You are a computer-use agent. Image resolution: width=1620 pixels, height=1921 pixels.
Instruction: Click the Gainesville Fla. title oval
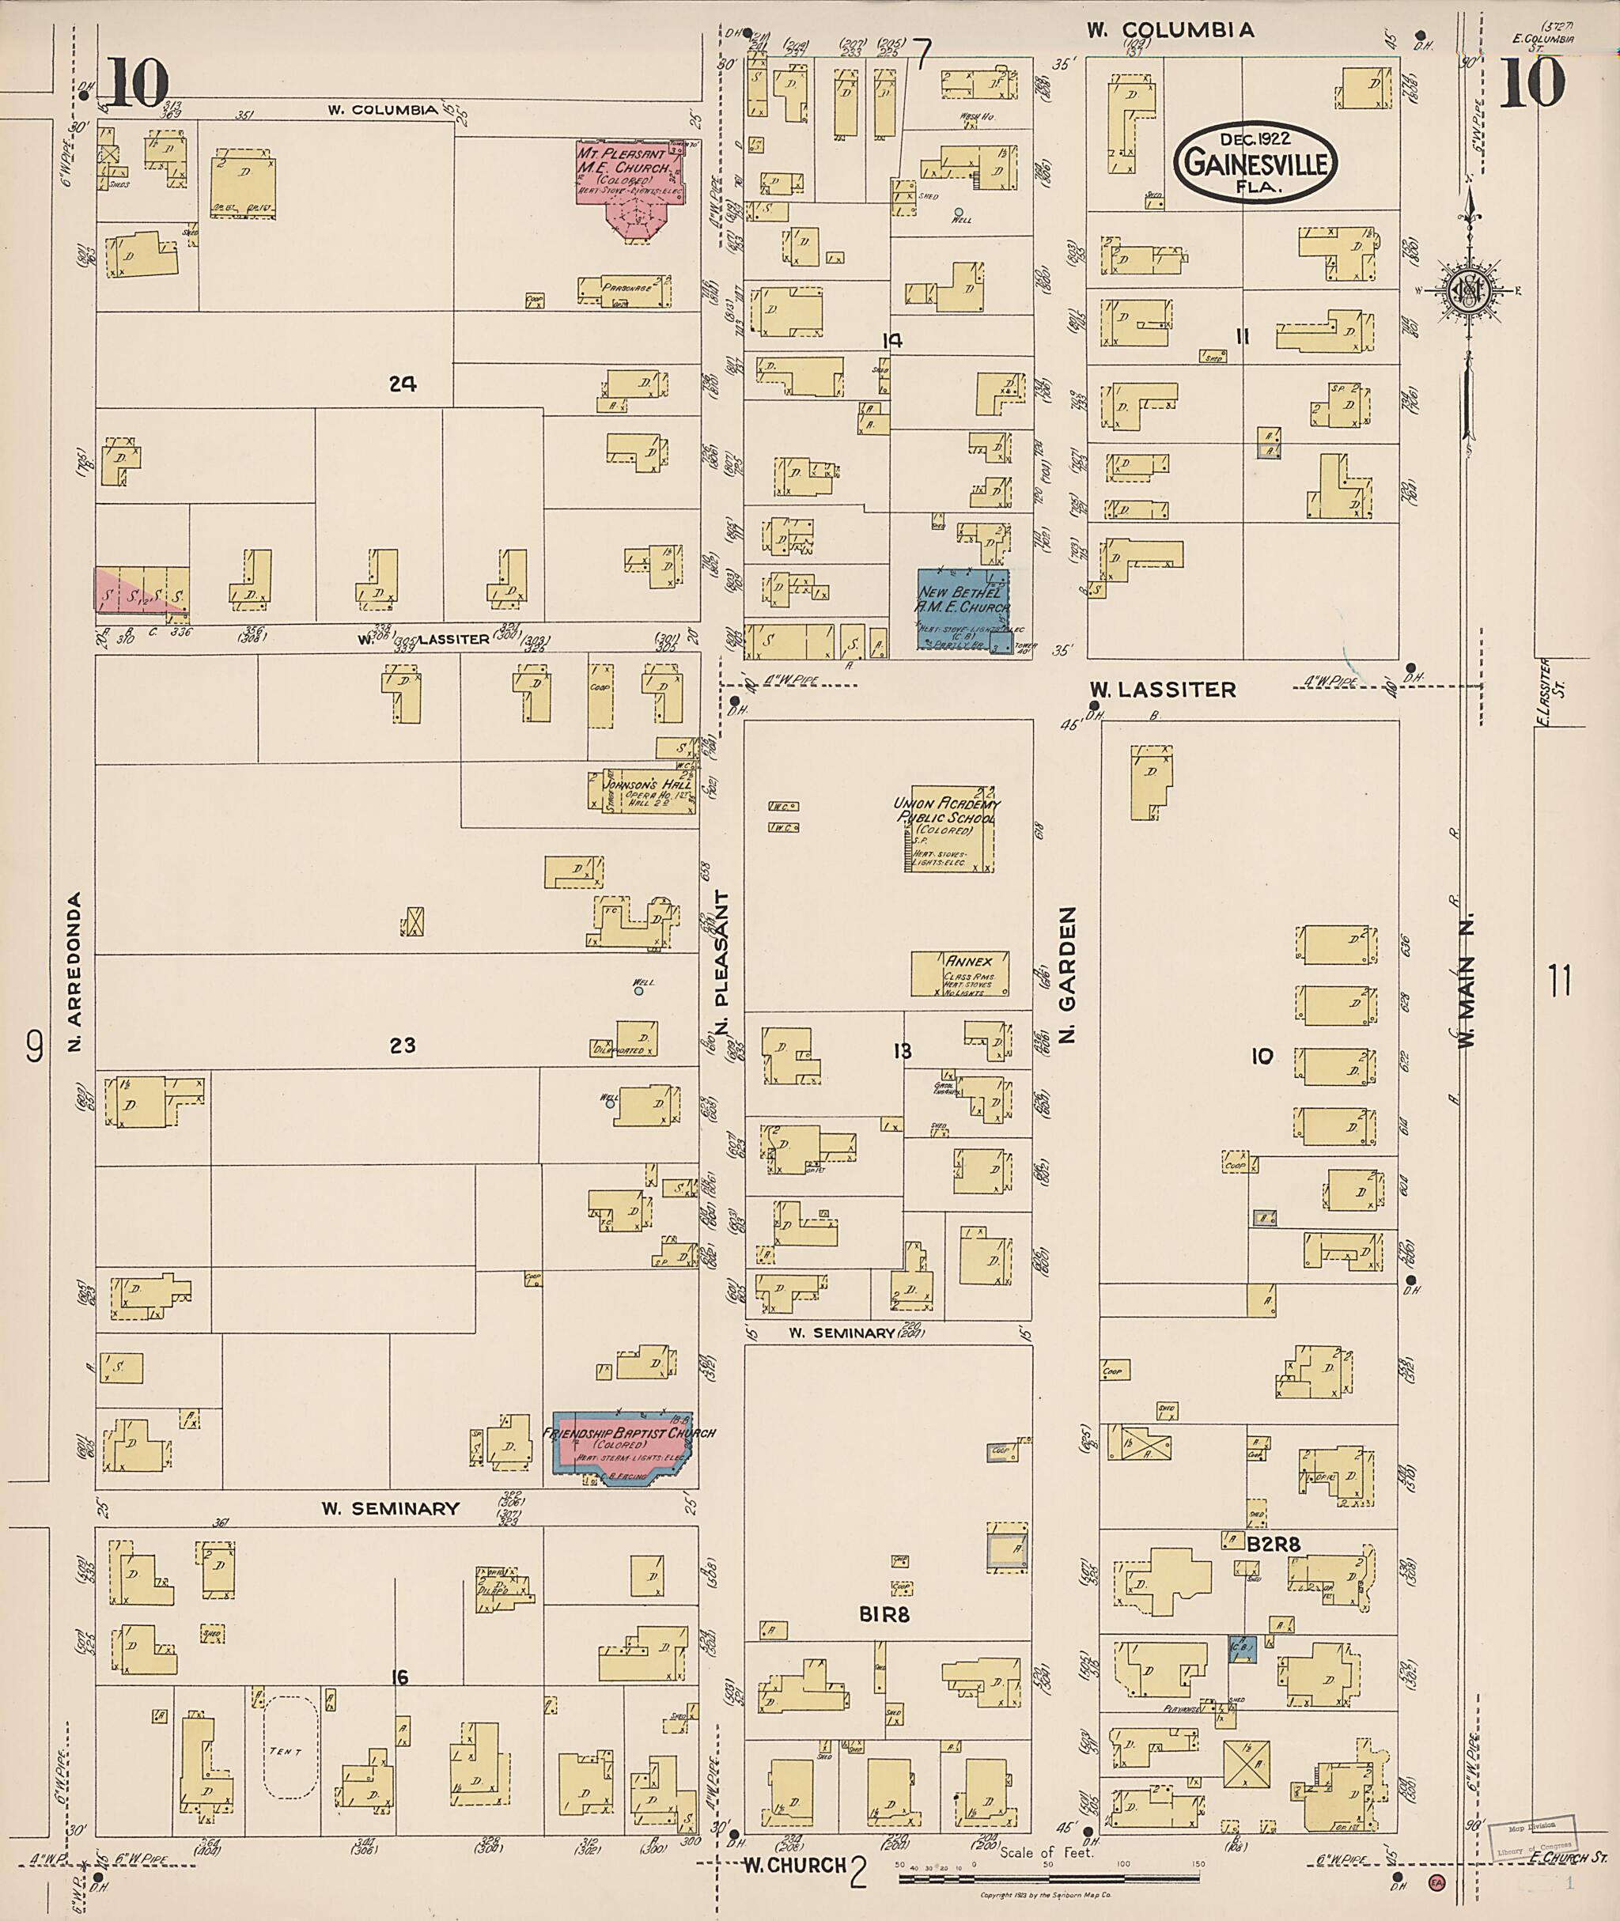pos(1255,164)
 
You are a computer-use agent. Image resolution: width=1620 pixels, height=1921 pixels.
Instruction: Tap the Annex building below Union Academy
pos(960,974)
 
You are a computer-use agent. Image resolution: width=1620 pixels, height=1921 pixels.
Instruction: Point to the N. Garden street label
pos(1067,975)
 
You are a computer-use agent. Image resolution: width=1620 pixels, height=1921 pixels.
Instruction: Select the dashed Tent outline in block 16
pos(291,1750)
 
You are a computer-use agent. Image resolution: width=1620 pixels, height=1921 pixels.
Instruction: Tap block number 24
pos(403,384)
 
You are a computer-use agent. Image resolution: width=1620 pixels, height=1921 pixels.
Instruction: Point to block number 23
pos(403,1044)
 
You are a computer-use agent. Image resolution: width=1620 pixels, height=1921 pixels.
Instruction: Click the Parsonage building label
pos(626,289)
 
